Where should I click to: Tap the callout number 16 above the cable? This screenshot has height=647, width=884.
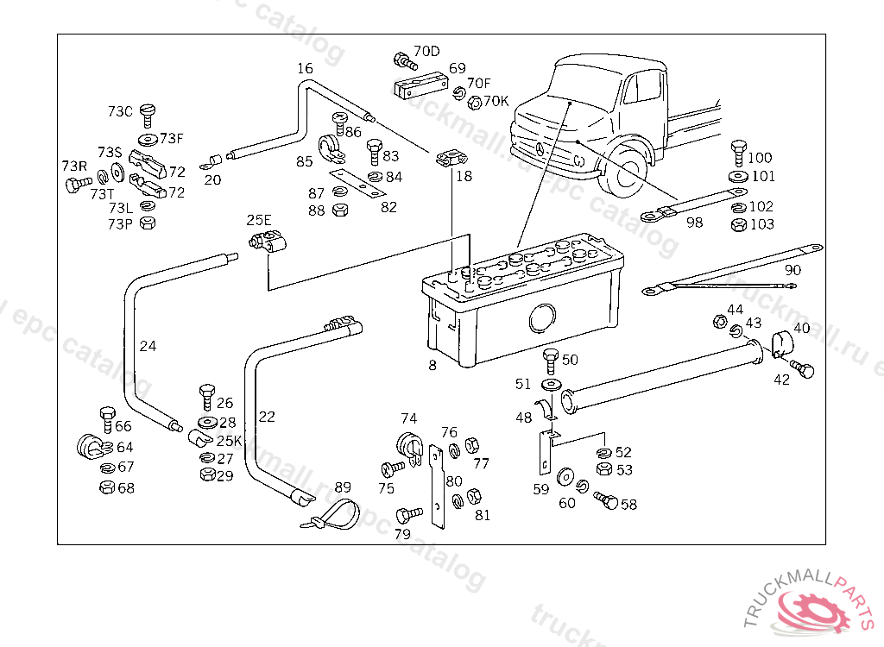[x=305, y=68]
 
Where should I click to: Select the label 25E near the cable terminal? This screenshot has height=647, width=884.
[x=259, y=220]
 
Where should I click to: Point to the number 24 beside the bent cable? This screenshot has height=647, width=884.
[x=148, y=347]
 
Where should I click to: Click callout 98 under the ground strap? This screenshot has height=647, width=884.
[x=694, y=223]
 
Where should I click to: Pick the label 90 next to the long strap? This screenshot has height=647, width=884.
[x=792, y=270]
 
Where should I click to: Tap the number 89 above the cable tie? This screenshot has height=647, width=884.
[x=343, y=487]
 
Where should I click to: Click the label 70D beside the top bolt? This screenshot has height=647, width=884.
[x=426, y=51]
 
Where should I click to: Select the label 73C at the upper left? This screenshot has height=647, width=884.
[x=120, y=111]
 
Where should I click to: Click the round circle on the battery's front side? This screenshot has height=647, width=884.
[x=541, y=317]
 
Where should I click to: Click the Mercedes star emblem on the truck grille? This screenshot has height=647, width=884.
[x=542, y=149]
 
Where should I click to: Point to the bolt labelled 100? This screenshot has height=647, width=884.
[x=738, y=153]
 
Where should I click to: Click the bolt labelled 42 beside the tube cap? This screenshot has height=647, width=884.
[x=805, y=368]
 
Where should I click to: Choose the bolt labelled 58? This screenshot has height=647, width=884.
[x=606, y=500]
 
